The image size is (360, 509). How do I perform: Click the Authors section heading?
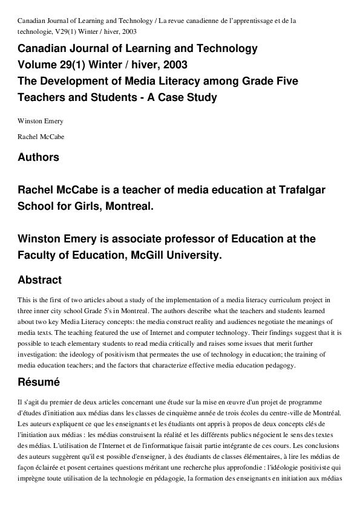[39, 157]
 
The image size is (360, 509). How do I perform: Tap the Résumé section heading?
[39, 382]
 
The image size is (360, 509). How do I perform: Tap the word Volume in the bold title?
[38, 65]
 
